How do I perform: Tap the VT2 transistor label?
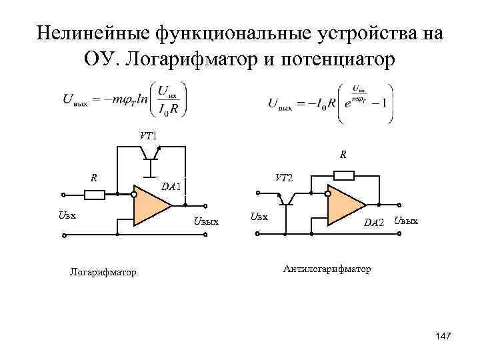click(283, 178)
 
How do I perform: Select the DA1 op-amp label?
click(171, 187)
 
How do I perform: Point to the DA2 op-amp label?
click(374, 222)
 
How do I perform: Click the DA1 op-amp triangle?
click(150, 207)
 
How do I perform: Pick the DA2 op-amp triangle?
click(345, 206)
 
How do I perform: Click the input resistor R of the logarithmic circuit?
click(95, 195)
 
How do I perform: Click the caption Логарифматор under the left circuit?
click(103, 272)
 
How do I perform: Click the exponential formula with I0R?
click(330, 101)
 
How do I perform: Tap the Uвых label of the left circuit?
click(205, 221)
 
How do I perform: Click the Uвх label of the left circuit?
click(67, 215)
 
